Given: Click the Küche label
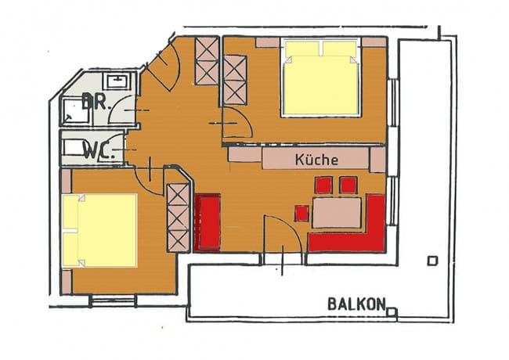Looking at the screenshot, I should coord(316,160).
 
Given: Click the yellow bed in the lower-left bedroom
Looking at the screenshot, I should coord(100,230).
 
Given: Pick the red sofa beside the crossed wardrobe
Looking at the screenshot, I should coord(208,223).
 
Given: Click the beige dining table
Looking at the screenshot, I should coord(337,213).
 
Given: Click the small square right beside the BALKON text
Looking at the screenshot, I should coord(392,311).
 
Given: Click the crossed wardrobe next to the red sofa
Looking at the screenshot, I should coord(179,218).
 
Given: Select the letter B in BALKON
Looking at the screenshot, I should coord(332,303).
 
